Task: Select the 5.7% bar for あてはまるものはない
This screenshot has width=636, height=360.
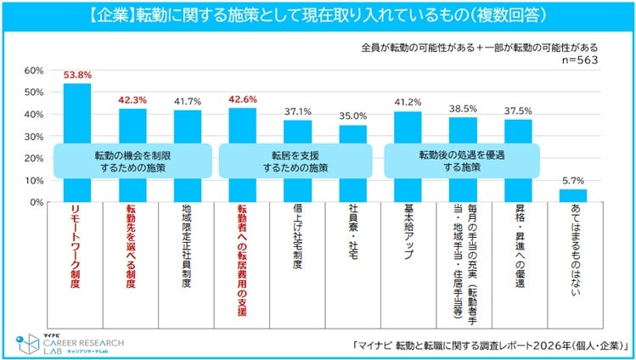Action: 573,196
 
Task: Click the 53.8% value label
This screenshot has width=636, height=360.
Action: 77,76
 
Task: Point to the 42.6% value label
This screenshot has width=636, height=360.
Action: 242,100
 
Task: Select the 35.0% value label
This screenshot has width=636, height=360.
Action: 352,116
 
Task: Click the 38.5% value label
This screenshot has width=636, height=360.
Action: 463,109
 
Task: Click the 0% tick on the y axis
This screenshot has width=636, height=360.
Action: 37,203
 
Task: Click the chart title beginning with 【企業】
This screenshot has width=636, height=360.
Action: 318,15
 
